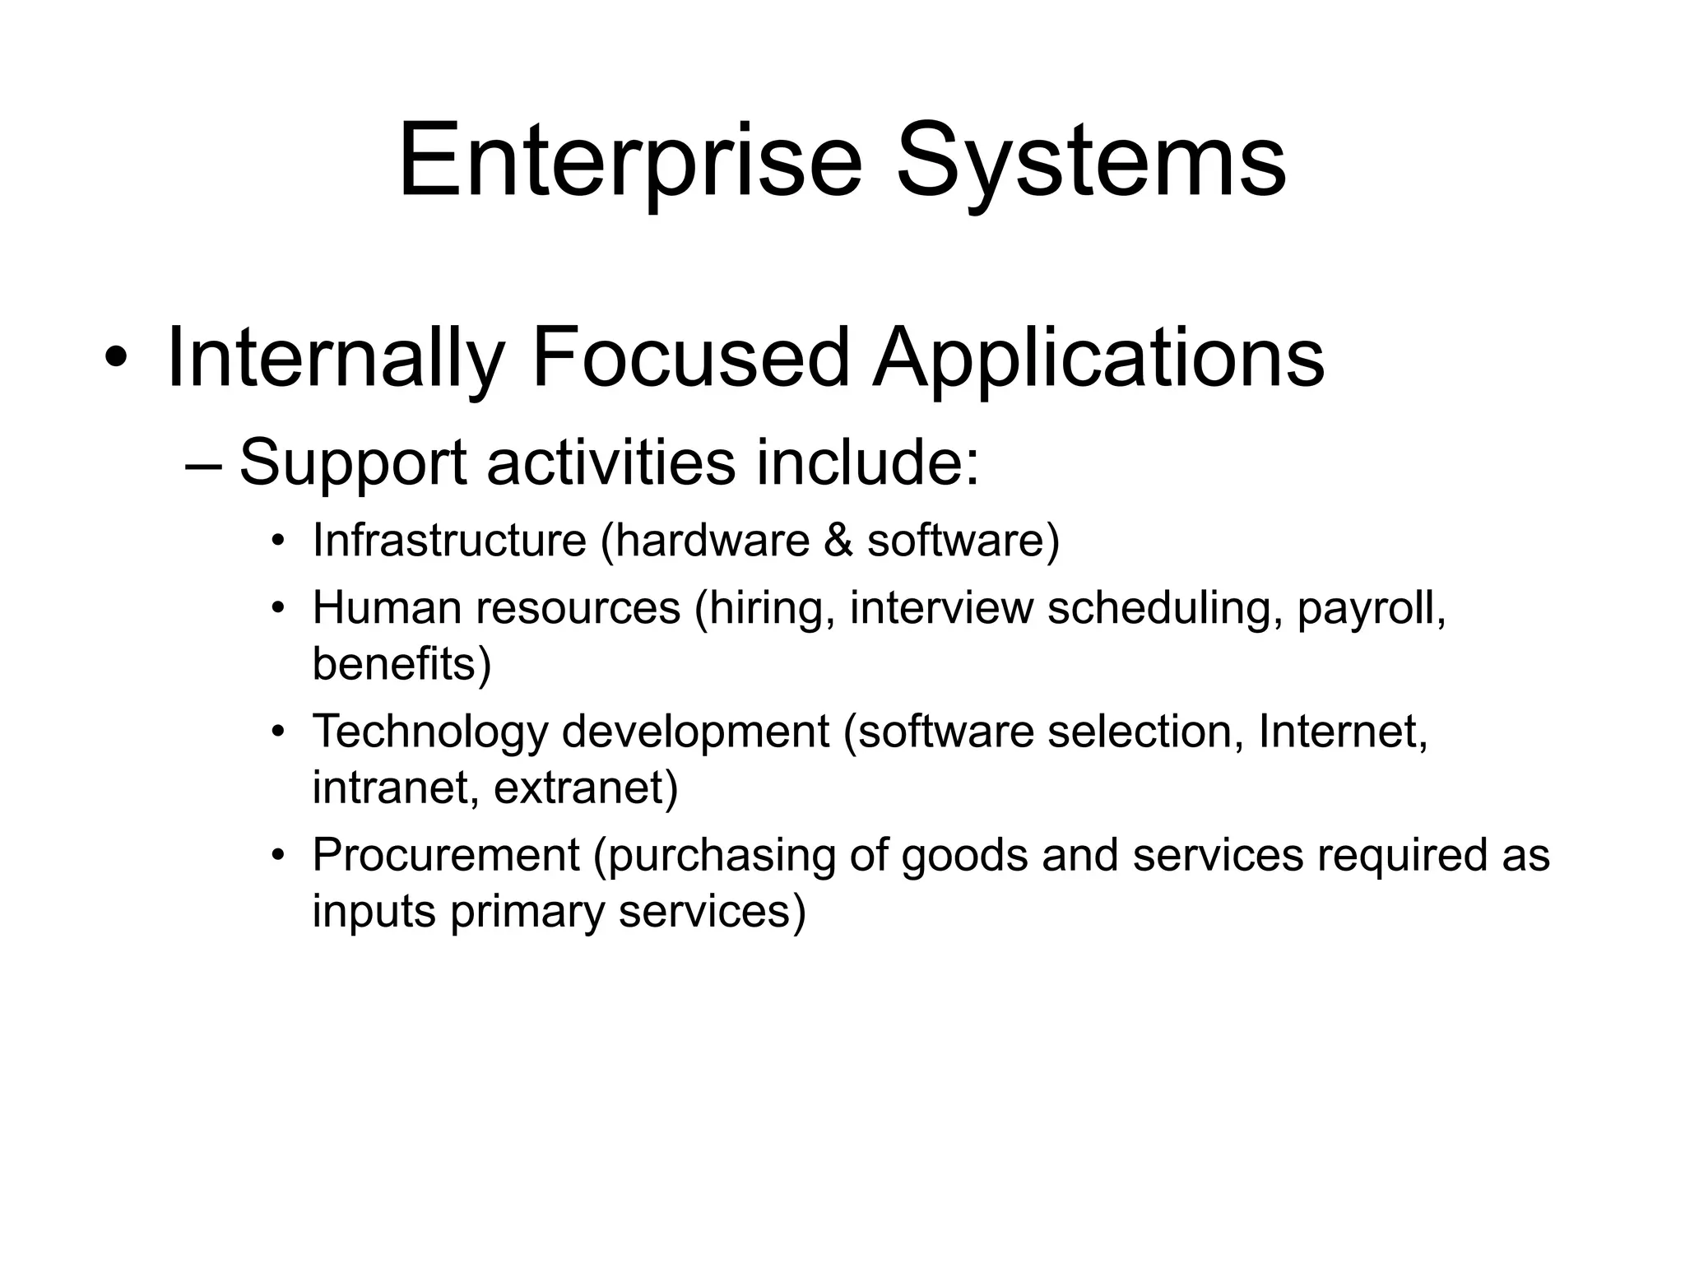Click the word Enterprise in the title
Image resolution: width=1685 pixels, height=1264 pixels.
(x=629, y=160)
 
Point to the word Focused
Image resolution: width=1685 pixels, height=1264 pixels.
(x=689, y=358)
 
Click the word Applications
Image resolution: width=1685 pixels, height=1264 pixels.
(x=1098, y=358)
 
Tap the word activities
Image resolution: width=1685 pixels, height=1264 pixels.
(x=610, y=462)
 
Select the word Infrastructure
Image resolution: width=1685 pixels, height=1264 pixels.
(x=449, y=541)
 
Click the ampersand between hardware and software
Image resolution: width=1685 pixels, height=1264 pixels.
(x=838, y=541)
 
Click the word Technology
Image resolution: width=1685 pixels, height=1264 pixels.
(x=429, y=732)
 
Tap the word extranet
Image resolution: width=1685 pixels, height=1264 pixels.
(x=585, y=788)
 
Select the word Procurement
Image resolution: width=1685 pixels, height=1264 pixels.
(x=446, y=855)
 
